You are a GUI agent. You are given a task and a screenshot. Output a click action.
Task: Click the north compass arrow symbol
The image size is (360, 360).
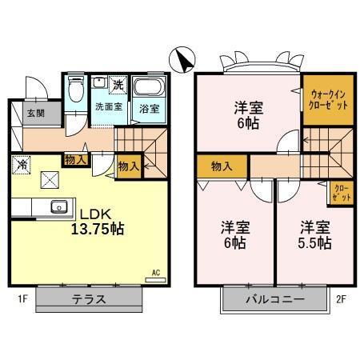point(182,59)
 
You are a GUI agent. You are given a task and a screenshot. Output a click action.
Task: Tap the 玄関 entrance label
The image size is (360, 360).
point(34,113)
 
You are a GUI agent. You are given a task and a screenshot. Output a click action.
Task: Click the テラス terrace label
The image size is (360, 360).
point(90,300)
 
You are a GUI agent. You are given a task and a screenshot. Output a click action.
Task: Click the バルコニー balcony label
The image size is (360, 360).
point(274,300)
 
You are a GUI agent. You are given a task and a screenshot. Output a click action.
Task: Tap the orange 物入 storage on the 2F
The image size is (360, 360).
point(222,166)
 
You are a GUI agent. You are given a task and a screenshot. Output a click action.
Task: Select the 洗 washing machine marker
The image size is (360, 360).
point(118,84)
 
